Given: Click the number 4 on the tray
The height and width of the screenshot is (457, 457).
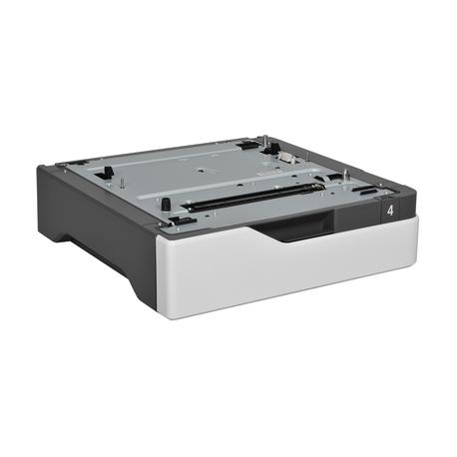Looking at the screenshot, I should (389, 212).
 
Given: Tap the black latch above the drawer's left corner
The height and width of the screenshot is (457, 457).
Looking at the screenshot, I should (180, 219).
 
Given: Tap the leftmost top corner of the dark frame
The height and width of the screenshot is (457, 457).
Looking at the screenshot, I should (40, 166).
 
